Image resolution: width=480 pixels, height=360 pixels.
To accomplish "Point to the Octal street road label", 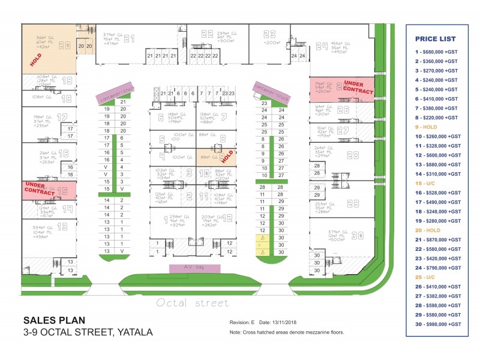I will point(192,303).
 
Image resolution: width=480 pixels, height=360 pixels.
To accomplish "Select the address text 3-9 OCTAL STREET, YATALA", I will point(88,332).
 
